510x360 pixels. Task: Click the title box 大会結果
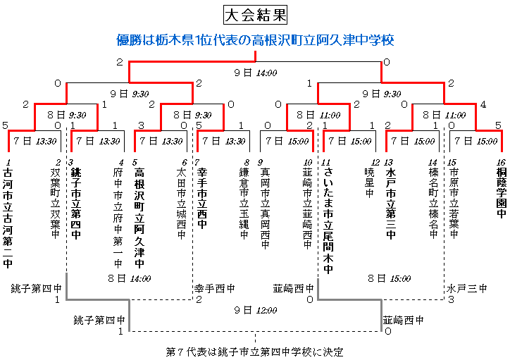pos(255,15)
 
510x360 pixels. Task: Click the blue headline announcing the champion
pos(255,40)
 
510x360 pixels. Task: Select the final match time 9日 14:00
pos(256,73)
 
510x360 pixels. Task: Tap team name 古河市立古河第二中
pos(8,218)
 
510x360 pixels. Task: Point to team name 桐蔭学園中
pos(502,192)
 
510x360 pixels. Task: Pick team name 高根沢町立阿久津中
pos(139,218)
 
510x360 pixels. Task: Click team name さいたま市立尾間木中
pos(328,221)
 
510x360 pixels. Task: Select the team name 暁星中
pos(369,182)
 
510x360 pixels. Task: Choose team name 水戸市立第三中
pos(391,204)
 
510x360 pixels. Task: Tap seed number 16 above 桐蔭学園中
pos(501,162)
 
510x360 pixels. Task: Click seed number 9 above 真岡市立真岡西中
pos(260,162)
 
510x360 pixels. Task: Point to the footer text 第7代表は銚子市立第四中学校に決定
pos(255,352)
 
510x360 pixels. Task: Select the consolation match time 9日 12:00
pos(256,310)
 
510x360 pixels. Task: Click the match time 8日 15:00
pos(390,278)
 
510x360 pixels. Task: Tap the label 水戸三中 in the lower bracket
pos(466,288)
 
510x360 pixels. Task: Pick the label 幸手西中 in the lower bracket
pos(215,288)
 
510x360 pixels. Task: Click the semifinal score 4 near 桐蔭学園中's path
pos(483,104)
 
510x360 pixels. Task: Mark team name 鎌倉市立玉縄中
pos(244,204)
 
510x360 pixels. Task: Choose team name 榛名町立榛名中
pos(433,204)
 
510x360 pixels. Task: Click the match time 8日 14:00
pos(130,278)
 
